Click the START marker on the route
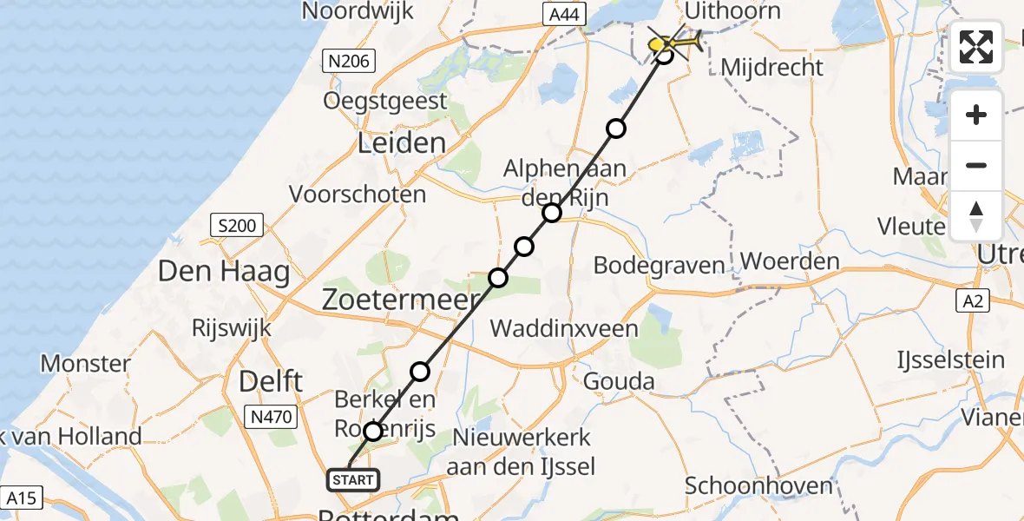pos(352,479)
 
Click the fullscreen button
pos(976,47)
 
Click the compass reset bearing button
pos(976,215)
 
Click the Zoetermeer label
pos(401,301)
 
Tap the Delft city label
pos(271,380)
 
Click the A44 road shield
pos(567,14)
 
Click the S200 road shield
pos(237,227)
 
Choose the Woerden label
pos(790,262)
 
